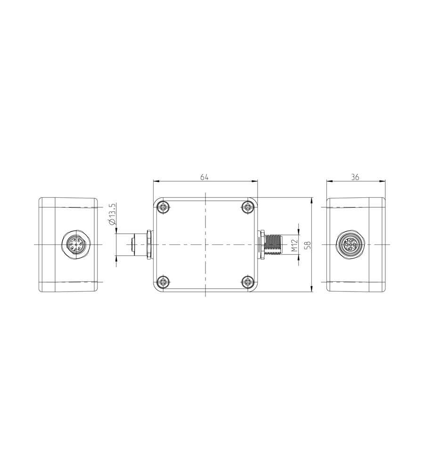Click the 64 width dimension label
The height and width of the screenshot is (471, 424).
click(204, 177)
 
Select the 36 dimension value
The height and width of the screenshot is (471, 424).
click(355, 177)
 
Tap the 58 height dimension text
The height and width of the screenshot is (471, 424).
click(308, 245)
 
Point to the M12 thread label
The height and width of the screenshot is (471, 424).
click(294, 245)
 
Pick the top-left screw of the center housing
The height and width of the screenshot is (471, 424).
click(163, 207)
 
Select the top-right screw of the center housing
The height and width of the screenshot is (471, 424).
click(248, 207)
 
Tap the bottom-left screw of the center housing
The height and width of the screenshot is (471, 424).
click(163, 282)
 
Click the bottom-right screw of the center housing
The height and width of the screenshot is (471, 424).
click(248, 282)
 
